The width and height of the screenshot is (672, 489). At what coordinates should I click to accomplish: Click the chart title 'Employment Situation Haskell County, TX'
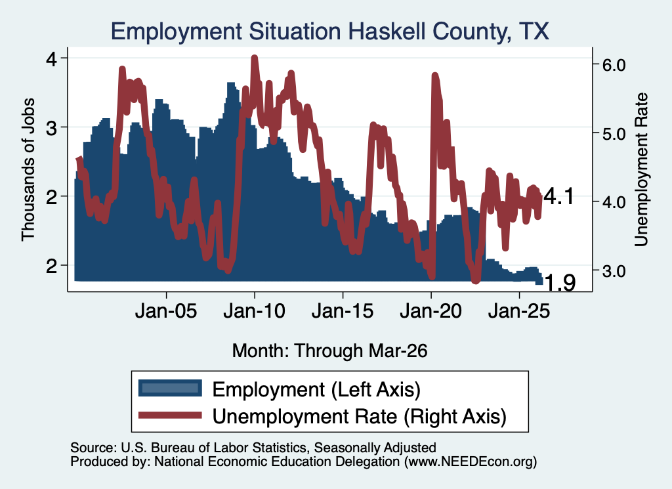329,32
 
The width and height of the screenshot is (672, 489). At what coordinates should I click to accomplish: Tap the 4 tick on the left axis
51,58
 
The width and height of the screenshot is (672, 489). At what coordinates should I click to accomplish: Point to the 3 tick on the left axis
51,127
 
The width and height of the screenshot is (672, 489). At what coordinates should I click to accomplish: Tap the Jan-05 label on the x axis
166,310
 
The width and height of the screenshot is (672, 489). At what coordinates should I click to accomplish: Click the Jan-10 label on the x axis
255,310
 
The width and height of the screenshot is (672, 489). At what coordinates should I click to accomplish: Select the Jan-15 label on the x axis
343,310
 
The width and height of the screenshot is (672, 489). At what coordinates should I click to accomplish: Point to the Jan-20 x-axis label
431,310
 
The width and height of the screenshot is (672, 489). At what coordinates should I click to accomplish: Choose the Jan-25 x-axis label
520,310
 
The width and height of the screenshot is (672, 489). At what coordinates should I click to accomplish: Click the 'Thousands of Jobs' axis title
28,170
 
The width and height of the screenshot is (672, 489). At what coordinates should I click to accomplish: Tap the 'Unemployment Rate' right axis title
641,170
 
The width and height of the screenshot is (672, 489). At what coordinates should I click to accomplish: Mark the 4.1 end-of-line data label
558,197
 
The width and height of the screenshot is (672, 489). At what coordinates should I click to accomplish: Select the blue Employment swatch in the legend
170,389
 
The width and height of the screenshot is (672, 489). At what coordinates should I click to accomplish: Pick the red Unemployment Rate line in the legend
170,415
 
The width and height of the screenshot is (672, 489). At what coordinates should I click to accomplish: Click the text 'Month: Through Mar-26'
329,351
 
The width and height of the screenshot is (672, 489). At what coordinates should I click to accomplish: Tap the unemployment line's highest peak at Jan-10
255,58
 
